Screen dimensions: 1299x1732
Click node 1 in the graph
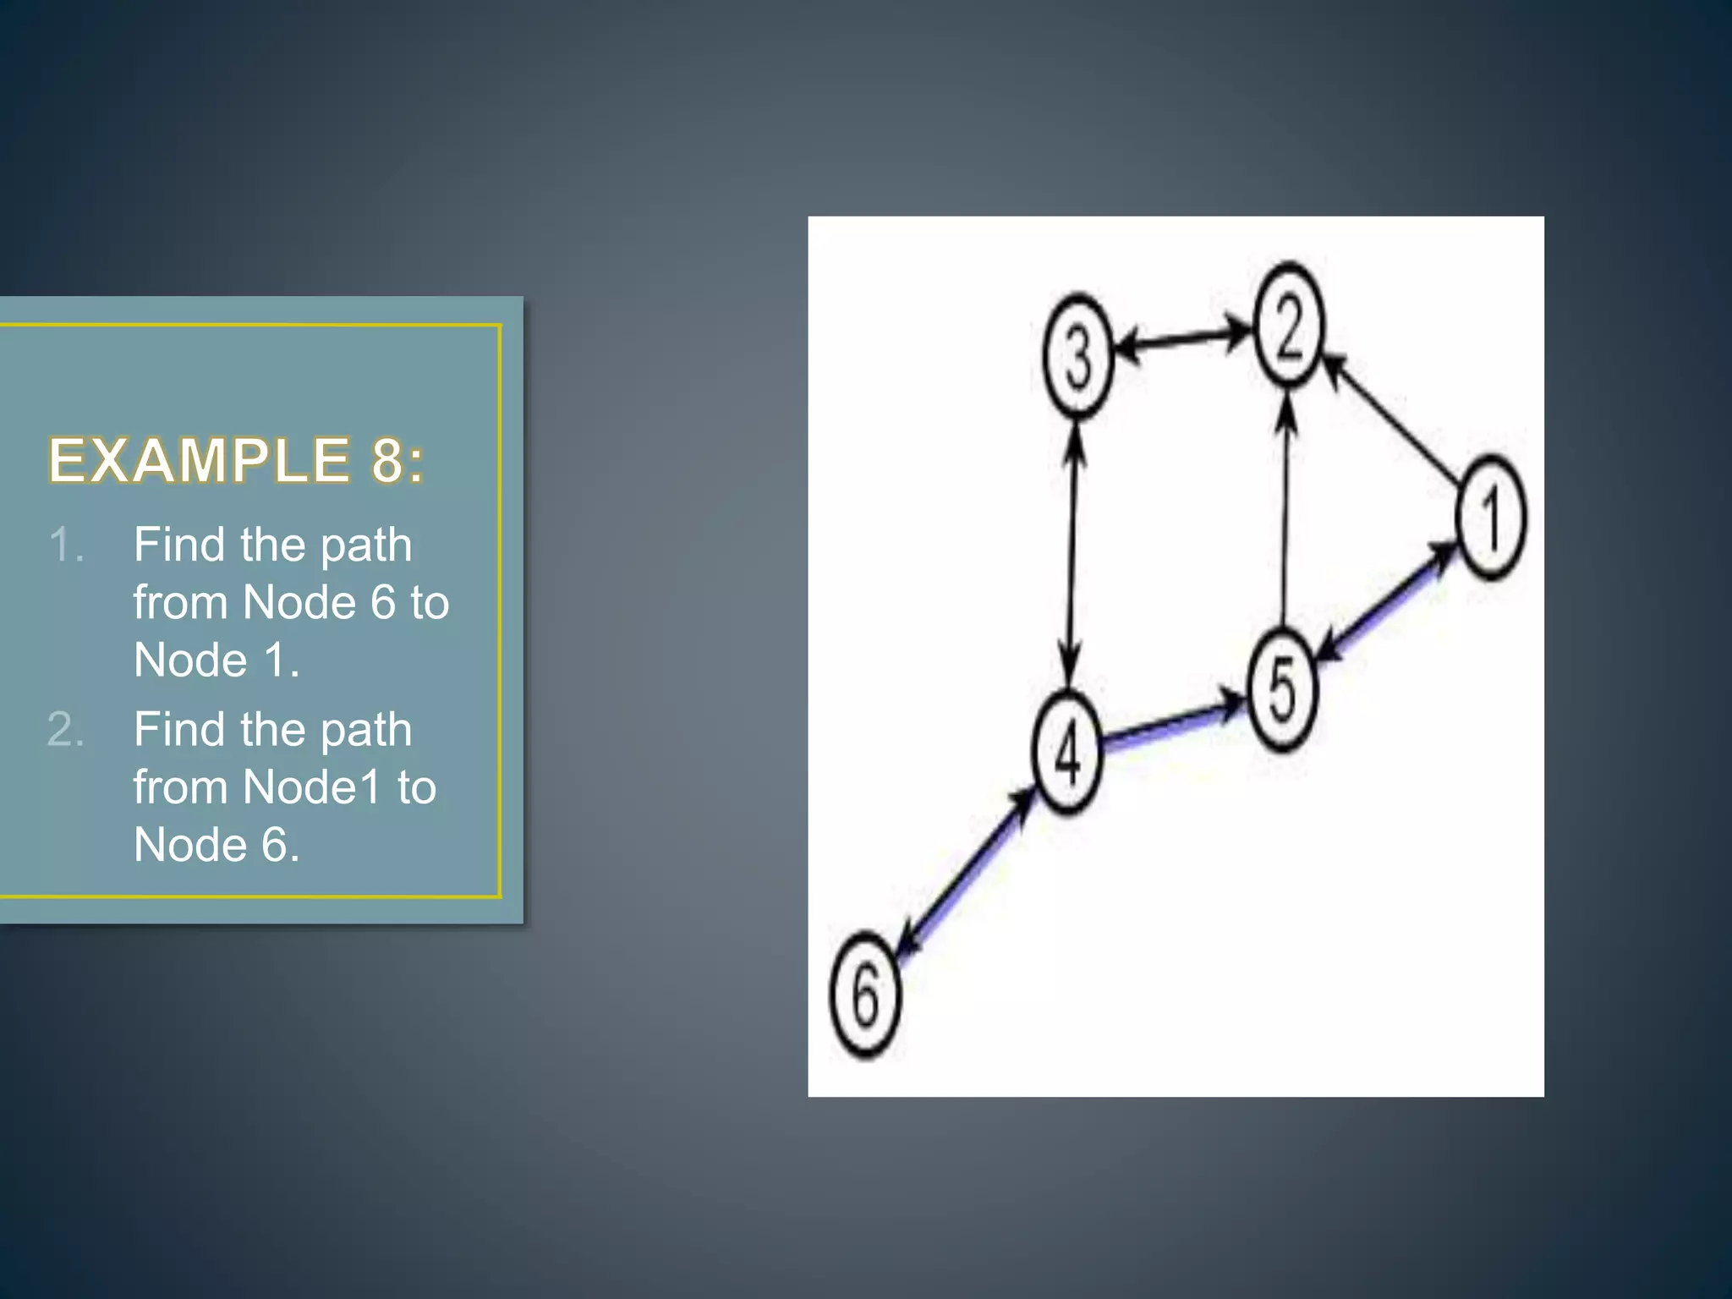coord(1491,518)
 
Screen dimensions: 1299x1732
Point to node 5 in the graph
coord(1283,689)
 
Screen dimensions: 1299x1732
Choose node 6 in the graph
coord(865,995)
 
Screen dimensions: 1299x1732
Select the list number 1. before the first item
coord(66,544)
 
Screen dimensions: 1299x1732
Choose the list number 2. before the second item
coord(66,729)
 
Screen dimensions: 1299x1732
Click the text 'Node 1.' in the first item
coord(216,660)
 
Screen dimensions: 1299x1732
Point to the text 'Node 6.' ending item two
coord(216,844)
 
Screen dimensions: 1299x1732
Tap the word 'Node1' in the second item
coord(311,787)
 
